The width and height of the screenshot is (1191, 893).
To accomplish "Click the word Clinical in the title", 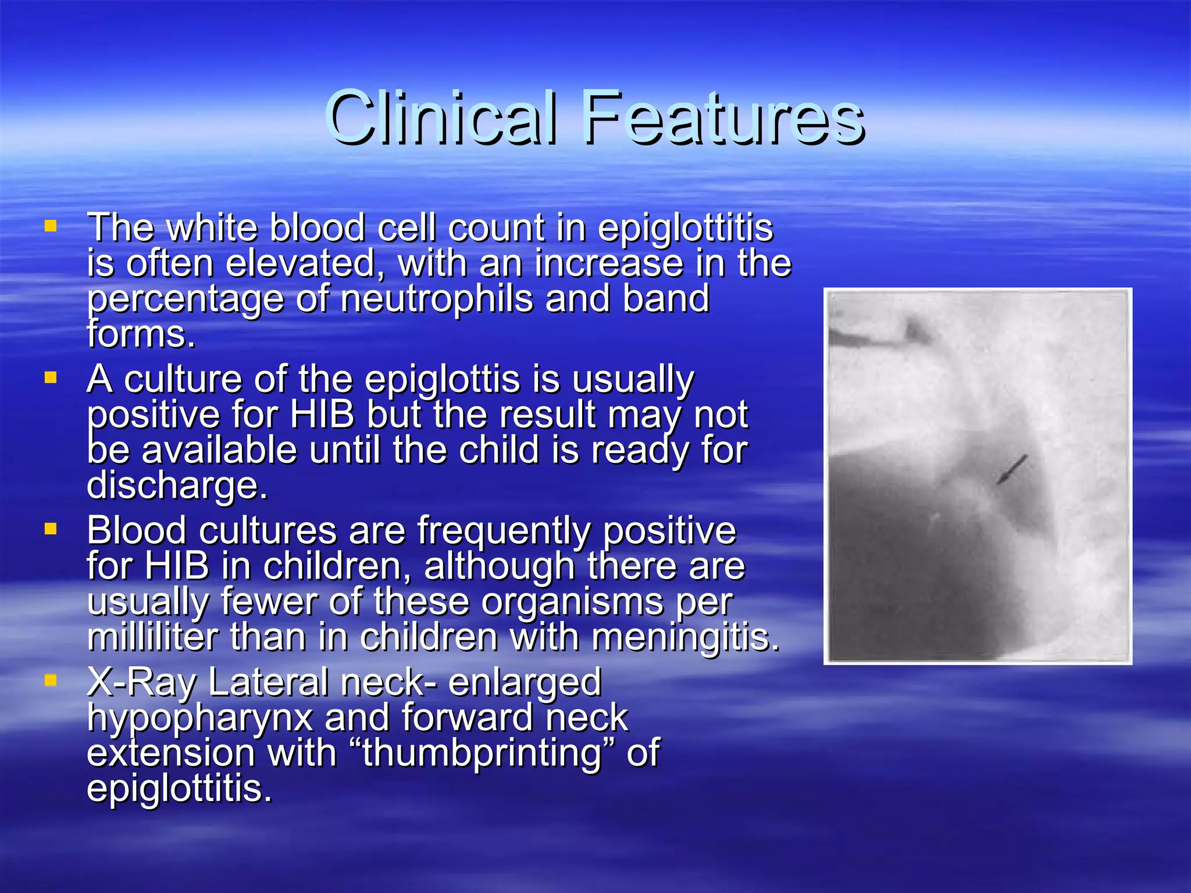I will [442, 118].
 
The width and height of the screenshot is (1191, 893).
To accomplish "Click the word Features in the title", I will [725, 118].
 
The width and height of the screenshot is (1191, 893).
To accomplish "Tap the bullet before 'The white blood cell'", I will [51, 226].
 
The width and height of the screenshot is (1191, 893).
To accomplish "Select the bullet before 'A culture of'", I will [51, 378].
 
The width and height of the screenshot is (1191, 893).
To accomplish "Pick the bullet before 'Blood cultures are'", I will [51, 529].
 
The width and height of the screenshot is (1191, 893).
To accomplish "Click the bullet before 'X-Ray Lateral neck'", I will [51, 680].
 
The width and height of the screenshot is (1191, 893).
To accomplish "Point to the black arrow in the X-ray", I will [1012, 469].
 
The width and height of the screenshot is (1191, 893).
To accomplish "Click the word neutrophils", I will [437, 299].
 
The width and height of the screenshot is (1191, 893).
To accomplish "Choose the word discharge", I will [177, 485].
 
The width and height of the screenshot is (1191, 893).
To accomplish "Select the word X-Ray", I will [141, 683].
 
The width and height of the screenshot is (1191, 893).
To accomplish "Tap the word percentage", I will [185, 300].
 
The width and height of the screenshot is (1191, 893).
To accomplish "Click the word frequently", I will [504, 531].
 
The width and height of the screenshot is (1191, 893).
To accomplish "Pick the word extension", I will [170, 752].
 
